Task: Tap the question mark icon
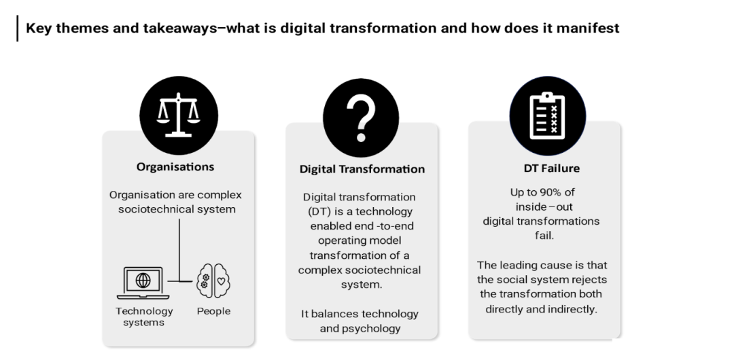[x=362, y=115]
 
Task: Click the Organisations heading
[x=175, y=166]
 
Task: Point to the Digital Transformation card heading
[x=362, y=169]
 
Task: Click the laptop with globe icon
[x=143, y=283]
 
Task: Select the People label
[x=213, y=311]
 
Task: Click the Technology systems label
[x=144, y=317]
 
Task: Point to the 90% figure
[x=550, y=192]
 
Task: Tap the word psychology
[x=373, y=329]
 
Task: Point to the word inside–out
[x=541, y=206]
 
